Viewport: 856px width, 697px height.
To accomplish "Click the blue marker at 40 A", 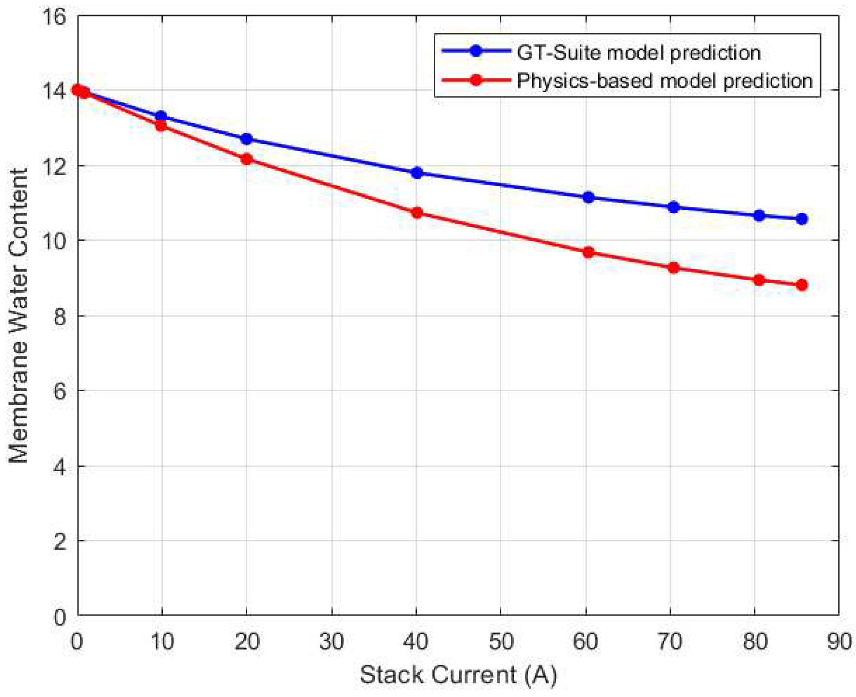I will coord(417,173).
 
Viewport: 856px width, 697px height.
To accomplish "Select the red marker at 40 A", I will coord(417,213).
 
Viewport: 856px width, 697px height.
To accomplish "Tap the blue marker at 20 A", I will coord(246,139).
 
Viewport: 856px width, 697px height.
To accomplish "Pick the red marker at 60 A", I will coord(588,252).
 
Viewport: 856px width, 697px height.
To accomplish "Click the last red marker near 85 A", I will coord(802,285).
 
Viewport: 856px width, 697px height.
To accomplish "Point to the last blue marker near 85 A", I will coord(802,219).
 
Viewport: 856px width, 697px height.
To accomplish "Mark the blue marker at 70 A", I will coord(673,207).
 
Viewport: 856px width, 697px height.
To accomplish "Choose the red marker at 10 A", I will coord(161,126).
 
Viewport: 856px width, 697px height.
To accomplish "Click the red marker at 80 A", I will coord(759,280).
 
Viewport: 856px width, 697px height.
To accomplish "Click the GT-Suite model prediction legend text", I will coord(638,52).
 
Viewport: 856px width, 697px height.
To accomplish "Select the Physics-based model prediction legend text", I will coord(664,80).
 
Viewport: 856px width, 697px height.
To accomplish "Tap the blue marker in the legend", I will coord(476,51).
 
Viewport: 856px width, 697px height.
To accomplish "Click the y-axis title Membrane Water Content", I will coord(18,315).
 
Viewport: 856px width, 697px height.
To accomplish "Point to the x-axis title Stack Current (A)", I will coord(458,675).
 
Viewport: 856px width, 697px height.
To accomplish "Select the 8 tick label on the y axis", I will coord(60,317).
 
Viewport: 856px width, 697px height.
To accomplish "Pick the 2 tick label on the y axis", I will coord(60,541).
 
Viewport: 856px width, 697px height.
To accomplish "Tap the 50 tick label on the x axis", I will coord(501,642).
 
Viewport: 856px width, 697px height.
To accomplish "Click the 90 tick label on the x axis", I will coord(839,642).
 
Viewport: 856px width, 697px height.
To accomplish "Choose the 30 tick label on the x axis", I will coord(332,642).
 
